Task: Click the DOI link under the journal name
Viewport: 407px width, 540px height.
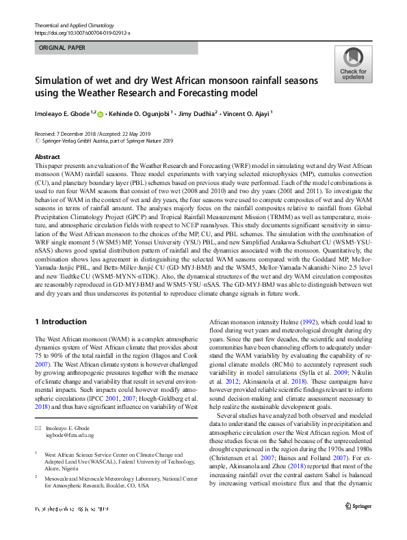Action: (x=82, y=33)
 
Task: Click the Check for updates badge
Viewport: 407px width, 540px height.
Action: (x=352, y=64)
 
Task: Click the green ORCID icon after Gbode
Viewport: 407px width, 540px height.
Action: (x=100, y=114)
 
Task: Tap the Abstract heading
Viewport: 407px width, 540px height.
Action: (x=47, y=157)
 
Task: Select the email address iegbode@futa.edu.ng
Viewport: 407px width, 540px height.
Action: (x=69, y=415)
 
